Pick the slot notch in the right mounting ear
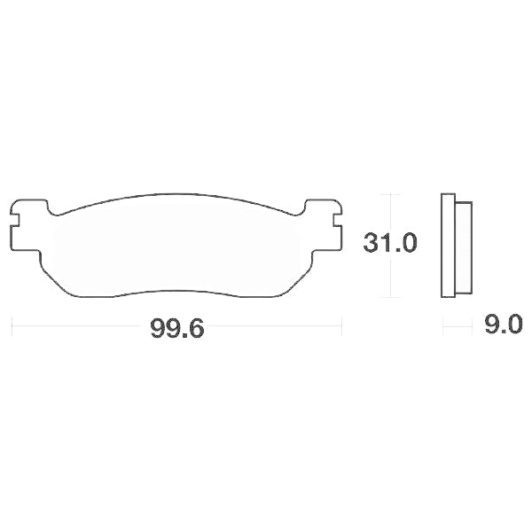335,215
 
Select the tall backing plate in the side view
447,246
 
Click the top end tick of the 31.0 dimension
390,193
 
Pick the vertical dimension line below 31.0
390,277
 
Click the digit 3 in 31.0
371,241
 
